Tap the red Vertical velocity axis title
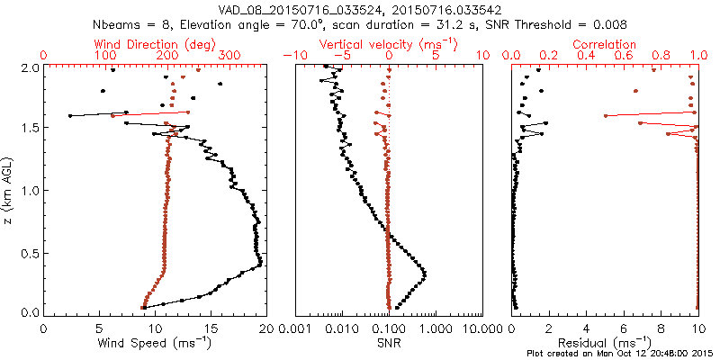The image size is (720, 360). pos(388,44)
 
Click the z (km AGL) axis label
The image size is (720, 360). pos(10,190)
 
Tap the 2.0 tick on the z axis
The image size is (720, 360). pos(29,67)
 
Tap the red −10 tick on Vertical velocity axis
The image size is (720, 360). pos(291,56)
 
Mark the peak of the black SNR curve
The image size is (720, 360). pos(425,274)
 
